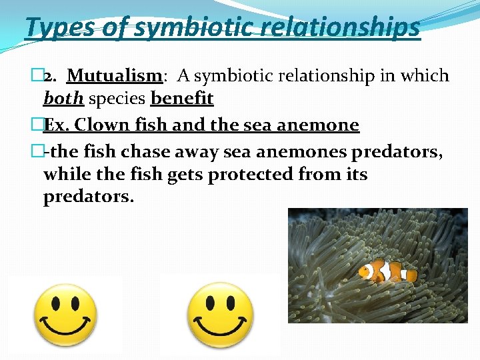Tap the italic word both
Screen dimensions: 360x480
point(63,99)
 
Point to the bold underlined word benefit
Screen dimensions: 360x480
point(182,99)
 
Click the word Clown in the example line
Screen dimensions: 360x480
point(106,125)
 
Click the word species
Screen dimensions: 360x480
point(117,99)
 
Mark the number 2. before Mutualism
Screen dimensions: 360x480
point(49,77)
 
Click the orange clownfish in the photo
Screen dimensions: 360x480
point(387,270)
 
